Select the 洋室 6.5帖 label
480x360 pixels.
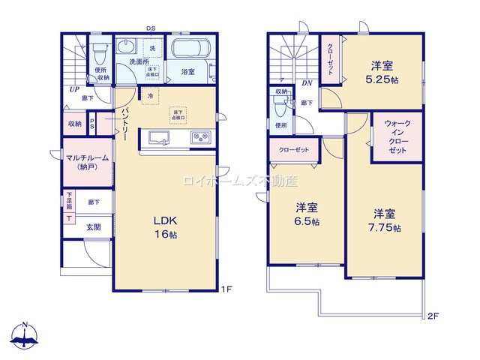(x=306, y=214)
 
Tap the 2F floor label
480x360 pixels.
(x=433, y=316)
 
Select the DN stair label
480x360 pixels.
(x=307, y=83)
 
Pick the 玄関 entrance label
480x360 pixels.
(x=93, y=227)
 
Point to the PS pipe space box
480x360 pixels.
(x=92, y=124)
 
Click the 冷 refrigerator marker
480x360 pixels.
(x=150, y=97)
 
